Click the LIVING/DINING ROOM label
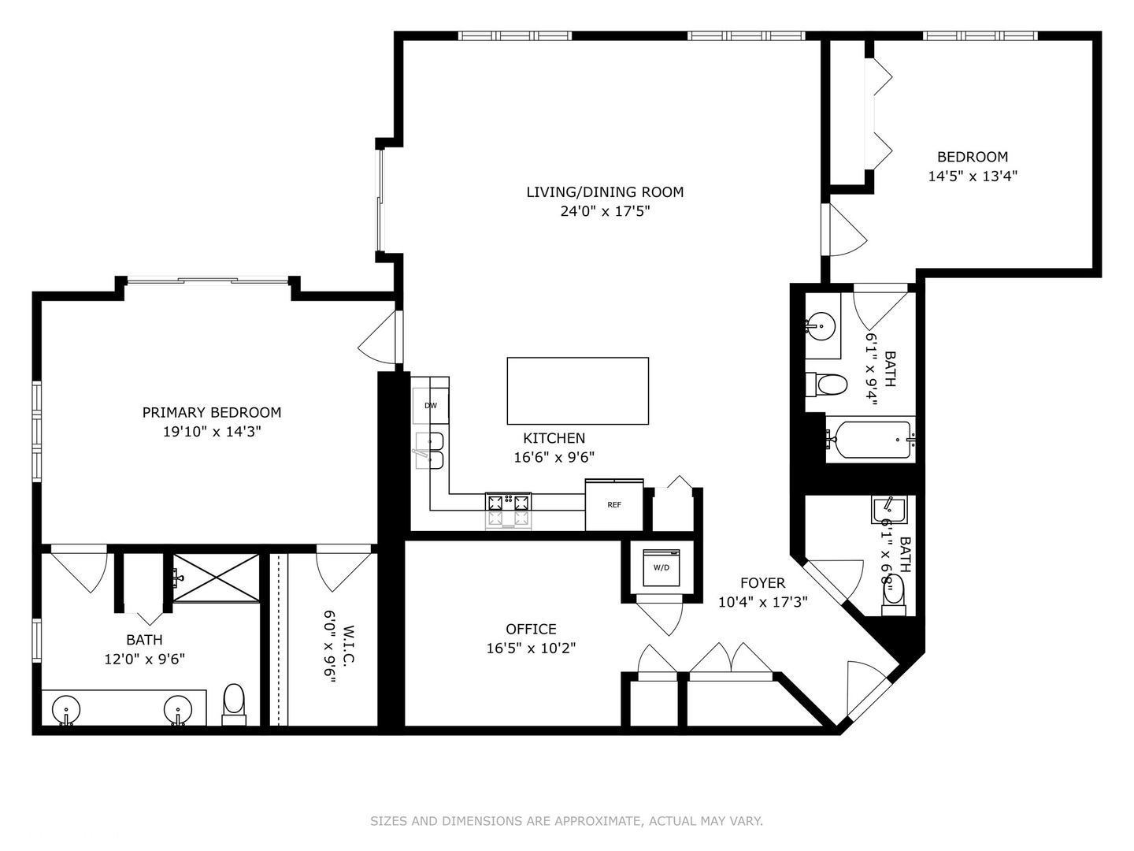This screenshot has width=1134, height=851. [604, 191]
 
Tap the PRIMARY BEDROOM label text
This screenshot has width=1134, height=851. [211, 412]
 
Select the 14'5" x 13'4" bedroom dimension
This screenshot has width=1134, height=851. [973, 177]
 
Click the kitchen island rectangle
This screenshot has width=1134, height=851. [577, 391]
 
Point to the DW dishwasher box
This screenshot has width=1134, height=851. [430, 406]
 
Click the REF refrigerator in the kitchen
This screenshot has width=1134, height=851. [613, 504]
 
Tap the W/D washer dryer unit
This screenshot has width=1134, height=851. [660, 567]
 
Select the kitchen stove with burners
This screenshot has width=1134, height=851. [508, 511]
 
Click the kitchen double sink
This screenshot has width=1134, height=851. [429, 450]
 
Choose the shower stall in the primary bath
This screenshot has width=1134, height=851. [216, 578]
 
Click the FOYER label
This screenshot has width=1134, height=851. [762, 583]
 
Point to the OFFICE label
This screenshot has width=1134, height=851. [531, 629]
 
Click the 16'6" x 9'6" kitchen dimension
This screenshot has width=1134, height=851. [554, 457]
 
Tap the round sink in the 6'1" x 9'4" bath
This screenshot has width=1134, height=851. [821, 324]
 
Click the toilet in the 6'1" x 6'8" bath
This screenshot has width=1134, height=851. [893, 593]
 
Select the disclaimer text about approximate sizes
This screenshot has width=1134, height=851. [566, 821]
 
